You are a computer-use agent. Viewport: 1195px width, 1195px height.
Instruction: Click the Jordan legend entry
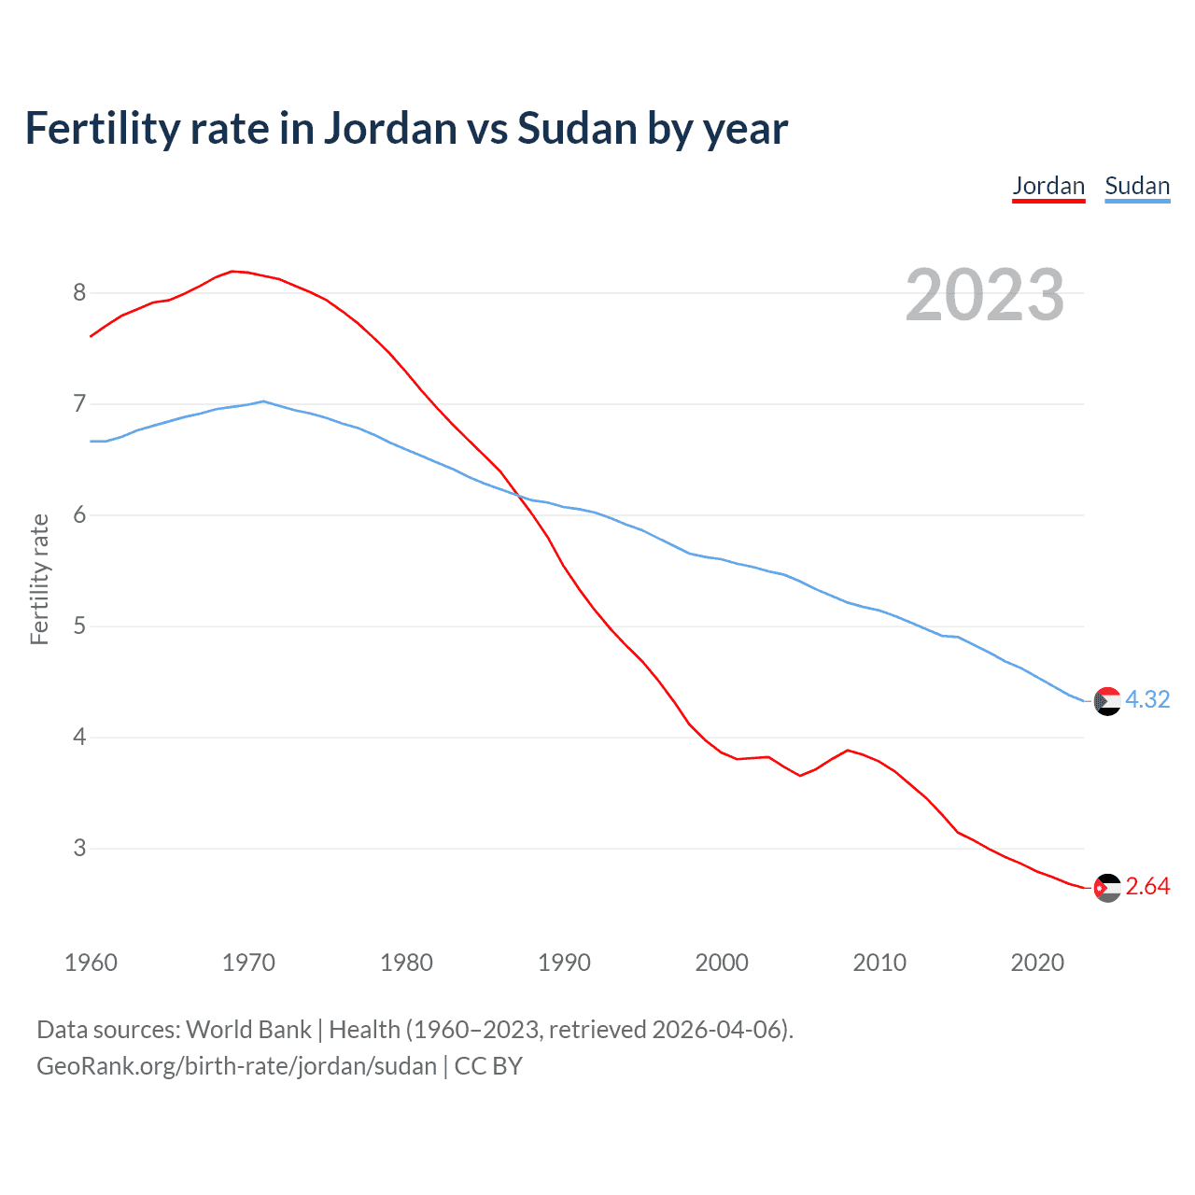point(1048,186)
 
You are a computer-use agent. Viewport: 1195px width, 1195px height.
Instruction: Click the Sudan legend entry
point(1137,186)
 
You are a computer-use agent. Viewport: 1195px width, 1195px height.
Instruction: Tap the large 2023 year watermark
point(985,295)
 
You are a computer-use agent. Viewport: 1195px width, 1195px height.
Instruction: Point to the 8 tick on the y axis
point(79,293)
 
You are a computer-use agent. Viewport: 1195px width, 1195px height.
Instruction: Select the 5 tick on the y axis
point(79,626)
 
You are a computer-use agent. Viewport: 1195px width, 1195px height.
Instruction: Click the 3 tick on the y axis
point(79,849)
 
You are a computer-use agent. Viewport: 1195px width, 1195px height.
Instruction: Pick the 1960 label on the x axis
point(91,963)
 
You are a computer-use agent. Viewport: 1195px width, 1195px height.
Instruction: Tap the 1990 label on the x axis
point(564,963)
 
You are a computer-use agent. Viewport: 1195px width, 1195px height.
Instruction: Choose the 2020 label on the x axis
point(1037,963)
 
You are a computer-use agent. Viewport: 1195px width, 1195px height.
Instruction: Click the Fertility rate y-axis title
point(39,579)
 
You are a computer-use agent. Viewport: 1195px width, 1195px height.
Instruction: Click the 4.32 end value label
point(1147,699)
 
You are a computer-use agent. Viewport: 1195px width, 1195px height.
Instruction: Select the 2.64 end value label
point(1147,887)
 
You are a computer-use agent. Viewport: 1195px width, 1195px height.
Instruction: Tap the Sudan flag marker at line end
point(1107,701)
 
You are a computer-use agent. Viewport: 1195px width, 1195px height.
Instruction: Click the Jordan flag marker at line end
point(1107,888)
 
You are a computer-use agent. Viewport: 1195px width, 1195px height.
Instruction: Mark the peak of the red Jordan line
point(232,271)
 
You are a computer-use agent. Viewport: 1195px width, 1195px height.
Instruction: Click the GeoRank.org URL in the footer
point(236,1066)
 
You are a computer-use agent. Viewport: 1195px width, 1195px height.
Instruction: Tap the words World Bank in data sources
point(248,1030)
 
